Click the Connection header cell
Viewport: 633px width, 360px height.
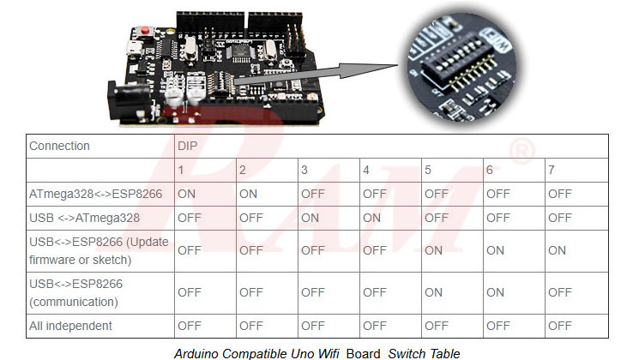click(x=59, y=146)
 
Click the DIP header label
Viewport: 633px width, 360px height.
click(x=187, y=146)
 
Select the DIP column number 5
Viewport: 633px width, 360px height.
click(x=427, y=170)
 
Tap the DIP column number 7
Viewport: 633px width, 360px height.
click(x=551, y=170)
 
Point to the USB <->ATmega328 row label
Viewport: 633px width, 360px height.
click(x=84, y=218)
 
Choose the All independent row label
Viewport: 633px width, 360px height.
click(x=70, y=326)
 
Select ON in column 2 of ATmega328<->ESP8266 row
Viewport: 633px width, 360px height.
click(x=248, y=194)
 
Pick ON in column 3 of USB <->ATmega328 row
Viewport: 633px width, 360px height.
click(x=310, y=218)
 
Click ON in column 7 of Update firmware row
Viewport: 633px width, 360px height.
click(x=557, y=250)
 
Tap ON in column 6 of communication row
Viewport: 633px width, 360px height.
click(x=495, y=292)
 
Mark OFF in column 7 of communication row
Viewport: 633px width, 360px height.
click(x=559, y=292)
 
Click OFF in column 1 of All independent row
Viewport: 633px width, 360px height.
click(x=189, y=326)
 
